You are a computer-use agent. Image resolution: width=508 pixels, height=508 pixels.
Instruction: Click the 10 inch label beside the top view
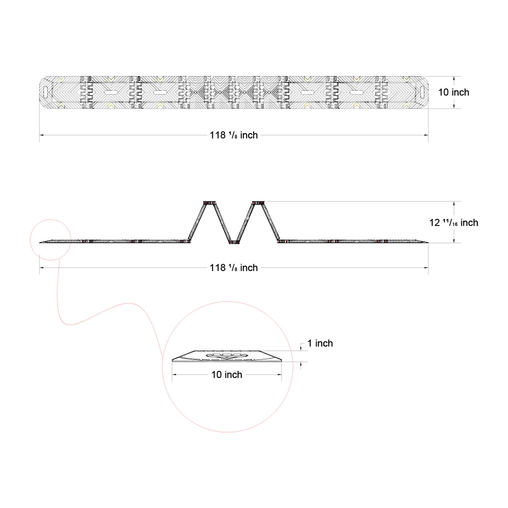(x=453, y=92)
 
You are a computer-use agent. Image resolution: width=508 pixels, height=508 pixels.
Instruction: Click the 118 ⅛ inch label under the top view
(x=234, y=135)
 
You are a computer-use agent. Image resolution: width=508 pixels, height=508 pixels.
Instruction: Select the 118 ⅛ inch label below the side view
(x=234, y=268)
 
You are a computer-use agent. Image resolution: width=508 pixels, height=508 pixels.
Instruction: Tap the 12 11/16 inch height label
(x=454, y=223)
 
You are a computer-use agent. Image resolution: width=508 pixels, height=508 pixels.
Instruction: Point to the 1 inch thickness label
(x=320, y=343)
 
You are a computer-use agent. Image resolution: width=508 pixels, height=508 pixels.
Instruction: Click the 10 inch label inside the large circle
(x=227, y=375)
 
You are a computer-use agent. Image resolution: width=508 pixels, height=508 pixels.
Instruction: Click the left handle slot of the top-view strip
(x=45, y=92)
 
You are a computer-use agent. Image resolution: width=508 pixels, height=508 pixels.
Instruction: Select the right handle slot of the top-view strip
(x=422, y=92)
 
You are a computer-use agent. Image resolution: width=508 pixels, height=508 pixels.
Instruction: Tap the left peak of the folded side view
(x=209, y=203)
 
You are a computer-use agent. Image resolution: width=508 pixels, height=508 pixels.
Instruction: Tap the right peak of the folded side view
(x=258, y=203)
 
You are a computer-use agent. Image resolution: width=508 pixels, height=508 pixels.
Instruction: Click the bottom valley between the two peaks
(x=234, y=242)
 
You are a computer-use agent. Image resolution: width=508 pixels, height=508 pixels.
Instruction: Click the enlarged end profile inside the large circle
(x=227, y=356)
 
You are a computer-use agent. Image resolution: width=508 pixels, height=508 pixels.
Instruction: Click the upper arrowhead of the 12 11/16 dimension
(x=454, y=204)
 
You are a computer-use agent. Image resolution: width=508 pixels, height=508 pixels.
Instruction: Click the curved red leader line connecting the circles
(x=95, y=314)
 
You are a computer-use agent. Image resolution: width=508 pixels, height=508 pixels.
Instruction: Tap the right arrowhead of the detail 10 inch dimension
(x=280, y=375)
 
